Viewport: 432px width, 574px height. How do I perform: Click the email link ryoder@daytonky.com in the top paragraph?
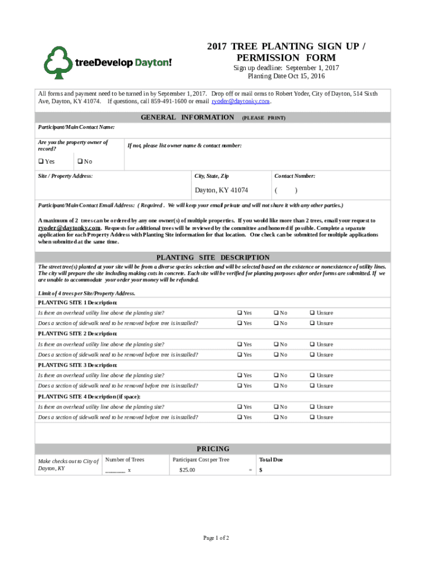241,102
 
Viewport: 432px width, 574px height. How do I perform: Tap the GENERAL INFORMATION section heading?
187,117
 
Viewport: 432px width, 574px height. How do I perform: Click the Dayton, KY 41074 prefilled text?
221,191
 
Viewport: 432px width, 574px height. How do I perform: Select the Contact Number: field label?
295,176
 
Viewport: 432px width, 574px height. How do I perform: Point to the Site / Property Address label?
65,176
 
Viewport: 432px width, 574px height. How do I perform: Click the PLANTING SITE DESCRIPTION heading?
213,257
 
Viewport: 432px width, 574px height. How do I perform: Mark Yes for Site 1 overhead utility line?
240,313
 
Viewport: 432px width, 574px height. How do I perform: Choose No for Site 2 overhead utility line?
276,344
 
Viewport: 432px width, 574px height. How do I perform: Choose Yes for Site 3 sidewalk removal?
240,386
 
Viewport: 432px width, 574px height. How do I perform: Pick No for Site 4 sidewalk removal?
276,418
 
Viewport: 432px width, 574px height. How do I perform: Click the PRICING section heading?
213,448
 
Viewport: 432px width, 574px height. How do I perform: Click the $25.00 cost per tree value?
187,470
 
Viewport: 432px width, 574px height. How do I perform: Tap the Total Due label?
271,460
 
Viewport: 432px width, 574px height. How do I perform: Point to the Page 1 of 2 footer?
216,538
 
